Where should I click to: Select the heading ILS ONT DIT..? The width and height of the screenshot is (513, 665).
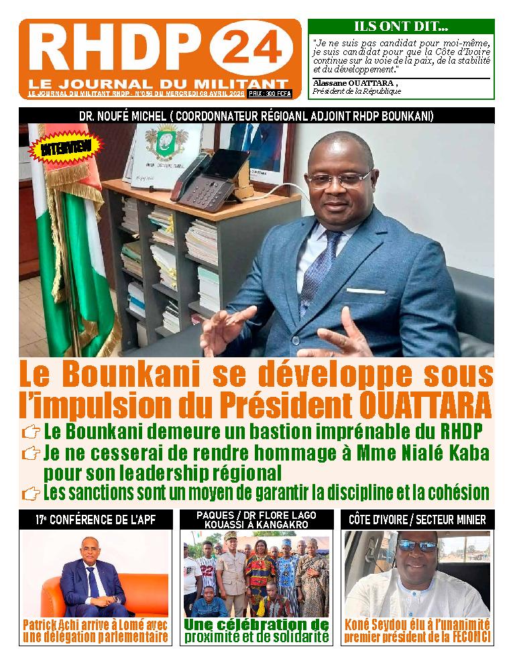(x=401, y=27)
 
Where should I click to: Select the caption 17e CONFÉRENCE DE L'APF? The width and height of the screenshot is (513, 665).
(x=96, y=520)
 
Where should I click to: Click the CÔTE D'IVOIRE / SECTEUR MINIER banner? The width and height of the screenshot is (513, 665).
(x=418, y=520)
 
